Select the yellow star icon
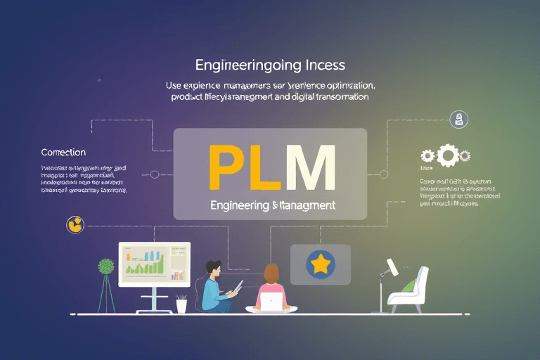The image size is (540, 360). [x=321, y=264]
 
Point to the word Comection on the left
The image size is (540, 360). [x=63, y=152]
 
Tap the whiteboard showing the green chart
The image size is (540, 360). [x=155, y=264]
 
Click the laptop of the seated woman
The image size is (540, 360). [x=271, y=302]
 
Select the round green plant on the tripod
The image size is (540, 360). [x=106, y=267]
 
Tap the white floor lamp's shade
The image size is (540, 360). [x=390, y=267]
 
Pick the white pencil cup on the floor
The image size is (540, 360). [x=182, y=305]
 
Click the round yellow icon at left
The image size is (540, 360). [x=74, y=224]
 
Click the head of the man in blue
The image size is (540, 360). [x=214, y=269]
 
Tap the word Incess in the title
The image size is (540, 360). [x=321, y=65]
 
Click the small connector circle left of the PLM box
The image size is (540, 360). [x=155, y=174]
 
